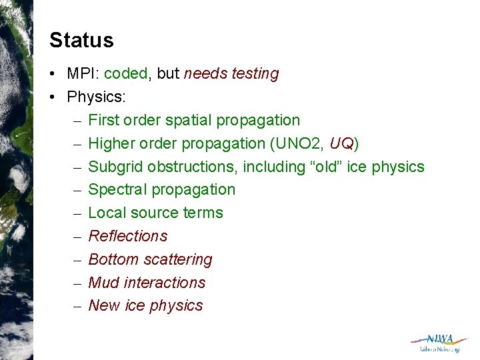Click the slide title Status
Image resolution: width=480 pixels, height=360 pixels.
(x=81, y=40)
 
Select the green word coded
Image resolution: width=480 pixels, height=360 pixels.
(x=127, y=74)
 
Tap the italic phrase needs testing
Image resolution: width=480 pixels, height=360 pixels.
(x=231, y=74)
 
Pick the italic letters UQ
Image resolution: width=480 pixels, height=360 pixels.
(x=343, y=143)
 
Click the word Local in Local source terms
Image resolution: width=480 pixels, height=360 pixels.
(x=106, y=213)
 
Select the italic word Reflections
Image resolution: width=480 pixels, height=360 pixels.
(x=128, y=236)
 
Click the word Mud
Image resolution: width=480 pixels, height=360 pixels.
(x=103, y=283)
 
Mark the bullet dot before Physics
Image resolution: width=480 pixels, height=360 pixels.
(x=53, y=97)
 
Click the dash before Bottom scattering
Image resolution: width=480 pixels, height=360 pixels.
(x=76, y=259)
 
